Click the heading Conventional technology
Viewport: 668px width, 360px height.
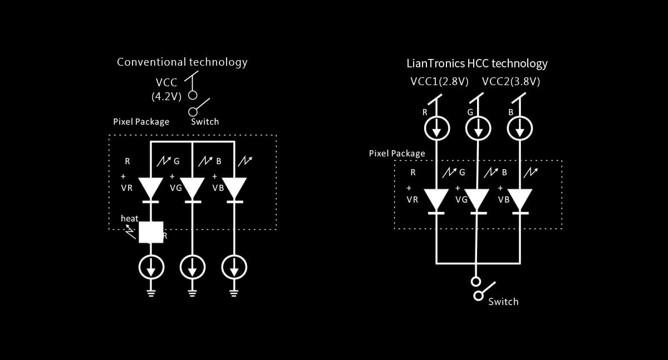(x=182, y=62)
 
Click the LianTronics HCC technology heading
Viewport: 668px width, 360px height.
(x=477, y=63)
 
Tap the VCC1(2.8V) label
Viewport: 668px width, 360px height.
(x=439, y=82)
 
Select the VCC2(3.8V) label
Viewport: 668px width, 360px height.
(x=511, y=82)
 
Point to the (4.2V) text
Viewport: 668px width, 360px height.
(x=166, y=96)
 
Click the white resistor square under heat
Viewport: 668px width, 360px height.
(x=151, y=232)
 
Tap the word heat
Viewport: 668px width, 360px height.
(x=129, y=219)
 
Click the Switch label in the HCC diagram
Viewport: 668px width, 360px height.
(x=503, y=302)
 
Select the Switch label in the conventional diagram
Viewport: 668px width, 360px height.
(x=205, y=121)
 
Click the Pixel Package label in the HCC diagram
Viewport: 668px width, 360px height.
(x=397, y=153)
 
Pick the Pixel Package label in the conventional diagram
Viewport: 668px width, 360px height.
(x=141, y=121)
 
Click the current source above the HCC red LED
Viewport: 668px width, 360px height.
(x=437, y=130)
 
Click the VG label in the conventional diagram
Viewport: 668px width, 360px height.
(x=176, y=188)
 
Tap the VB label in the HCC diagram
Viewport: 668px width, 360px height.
(x=503, y=200)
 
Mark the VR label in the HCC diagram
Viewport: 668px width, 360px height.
(x=412, y=200)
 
